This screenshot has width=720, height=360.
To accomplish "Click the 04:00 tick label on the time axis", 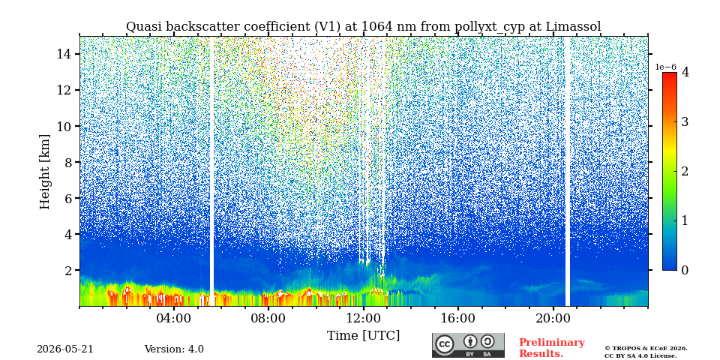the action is pos(174,318).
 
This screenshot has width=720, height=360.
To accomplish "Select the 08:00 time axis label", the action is pos(268,318).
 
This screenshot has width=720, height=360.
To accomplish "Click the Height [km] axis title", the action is pos(44,172).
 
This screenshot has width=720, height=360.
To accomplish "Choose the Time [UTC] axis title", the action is pos(363,336).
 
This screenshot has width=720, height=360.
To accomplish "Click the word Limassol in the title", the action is pos(573,27).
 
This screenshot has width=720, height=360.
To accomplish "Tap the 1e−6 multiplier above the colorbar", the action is pos(665,67).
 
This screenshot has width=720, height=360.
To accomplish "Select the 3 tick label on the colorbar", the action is pos(685,121).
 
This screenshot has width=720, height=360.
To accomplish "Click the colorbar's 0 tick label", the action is pos(685,270).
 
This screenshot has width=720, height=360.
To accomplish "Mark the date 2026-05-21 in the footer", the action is pos(65,349).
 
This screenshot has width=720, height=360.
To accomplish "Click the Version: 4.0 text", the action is pos(174,349).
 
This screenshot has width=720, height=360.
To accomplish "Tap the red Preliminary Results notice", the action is pos(552,348).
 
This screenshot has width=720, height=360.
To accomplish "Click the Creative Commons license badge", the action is pos(468,345).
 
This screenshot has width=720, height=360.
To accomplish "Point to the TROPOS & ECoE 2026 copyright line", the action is pos(646,349).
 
